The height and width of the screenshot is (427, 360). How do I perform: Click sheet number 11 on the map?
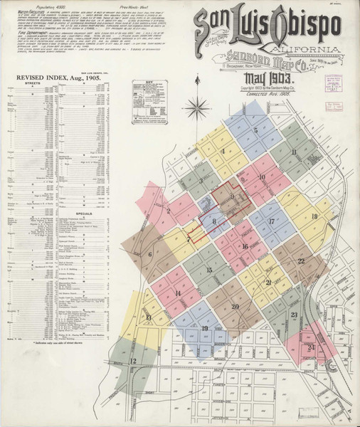coord(293,152)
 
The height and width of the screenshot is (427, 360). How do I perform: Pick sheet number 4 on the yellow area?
coord(223,151)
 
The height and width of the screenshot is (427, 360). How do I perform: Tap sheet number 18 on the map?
coord(314,216)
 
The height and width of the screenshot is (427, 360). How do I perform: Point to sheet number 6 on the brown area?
coord(150,253)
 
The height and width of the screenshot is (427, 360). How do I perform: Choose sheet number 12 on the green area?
coord(133,362)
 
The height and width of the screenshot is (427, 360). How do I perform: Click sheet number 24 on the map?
coord(312,347)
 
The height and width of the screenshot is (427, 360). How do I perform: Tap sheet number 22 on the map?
coord(301,261)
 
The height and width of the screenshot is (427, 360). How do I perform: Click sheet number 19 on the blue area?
coord(204,328)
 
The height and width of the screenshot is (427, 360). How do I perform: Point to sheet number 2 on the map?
coord(169,211)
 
